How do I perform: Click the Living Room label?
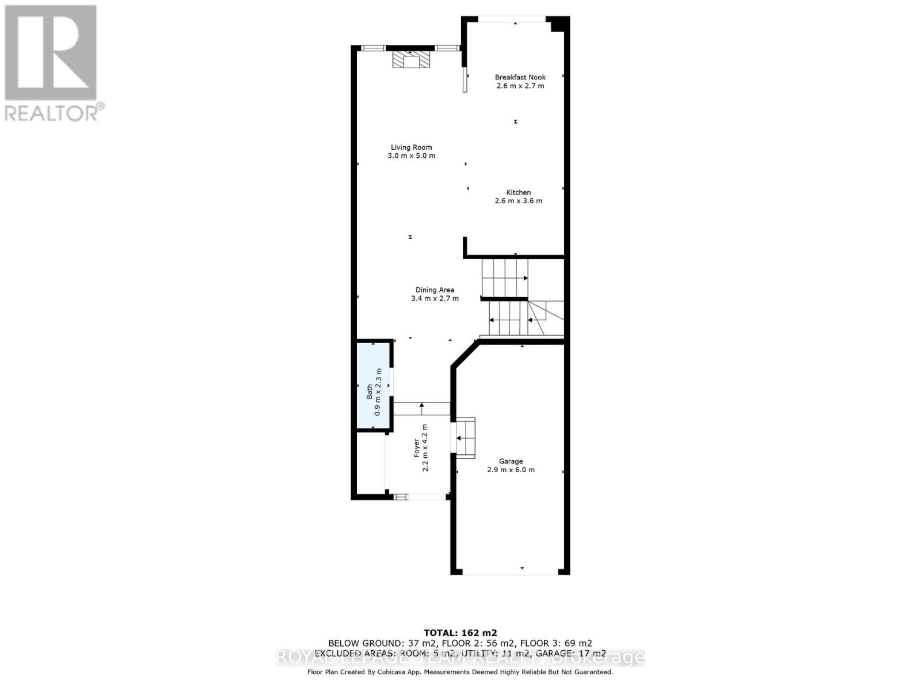[411, 147]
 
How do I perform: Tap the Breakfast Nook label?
[520, 77]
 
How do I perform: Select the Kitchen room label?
[519, 192]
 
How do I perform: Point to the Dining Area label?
[435, 290]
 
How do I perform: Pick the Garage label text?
[511, 461]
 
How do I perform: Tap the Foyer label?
[417, 449]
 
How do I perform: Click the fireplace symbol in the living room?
[411, 59]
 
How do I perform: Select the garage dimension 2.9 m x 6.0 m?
[511, 470]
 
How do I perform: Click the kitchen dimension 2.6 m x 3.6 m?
[519, 201]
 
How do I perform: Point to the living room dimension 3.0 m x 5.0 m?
[411, 156]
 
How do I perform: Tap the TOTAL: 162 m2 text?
[460, 632]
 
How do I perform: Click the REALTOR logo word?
[52, 113]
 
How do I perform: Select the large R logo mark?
[51, 52]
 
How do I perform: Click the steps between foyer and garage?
[466, 438]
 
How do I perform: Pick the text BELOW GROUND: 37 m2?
[382, 643]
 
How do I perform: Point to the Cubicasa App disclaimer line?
[460, 672]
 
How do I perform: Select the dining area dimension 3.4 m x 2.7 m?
[435, 299]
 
